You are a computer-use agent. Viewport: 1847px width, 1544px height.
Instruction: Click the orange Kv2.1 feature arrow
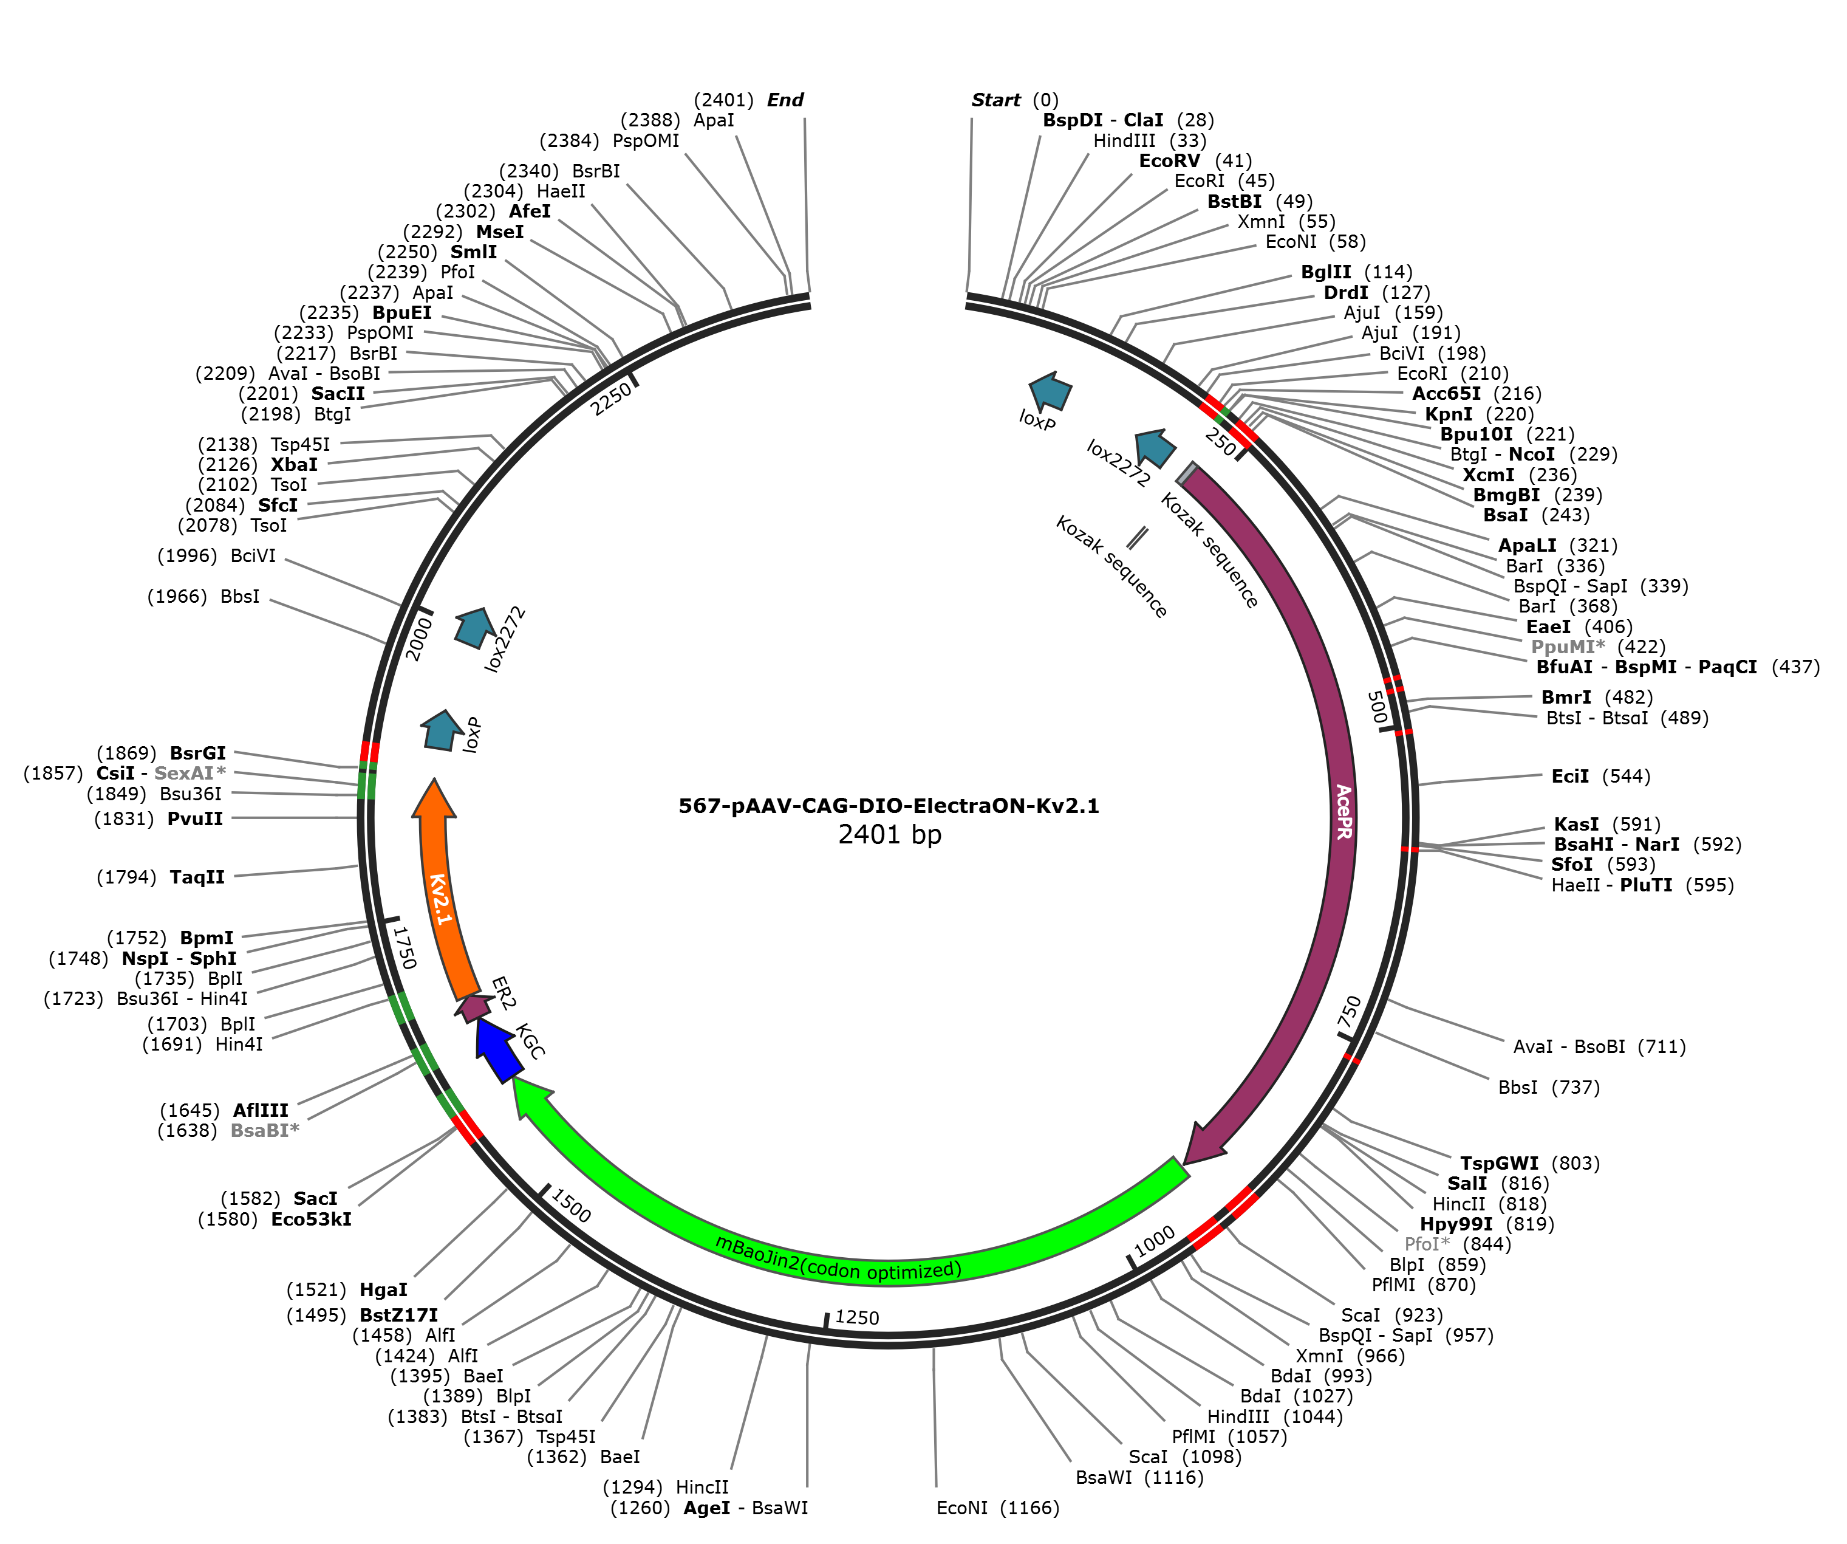pyautogui.click(x=435, y=888)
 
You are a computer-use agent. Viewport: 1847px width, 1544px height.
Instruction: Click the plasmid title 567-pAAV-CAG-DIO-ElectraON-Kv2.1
pyautogui.click(x=889, y=806)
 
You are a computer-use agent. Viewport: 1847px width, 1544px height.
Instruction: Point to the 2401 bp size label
pyautogui.click(x=889, y=834)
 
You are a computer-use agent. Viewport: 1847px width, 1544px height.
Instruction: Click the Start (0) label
pyautogui.click(x=1015, y=100)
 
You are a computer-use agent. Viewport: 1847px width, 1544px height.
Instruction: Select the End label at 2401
pyautogui.click(x=748, y=100)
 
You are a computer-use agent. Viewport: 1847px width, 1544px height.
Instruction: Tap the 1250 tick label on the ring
pyautogui.click(x=856, y=1317)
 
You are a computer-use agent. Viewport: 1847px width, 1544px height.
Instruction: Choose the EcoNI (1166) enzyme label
pyautogui.click(x=997, y=1508)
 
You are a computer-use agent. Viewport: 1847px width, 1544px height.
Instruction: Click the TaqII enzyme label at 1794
pyautogui.click(x=161, y=877)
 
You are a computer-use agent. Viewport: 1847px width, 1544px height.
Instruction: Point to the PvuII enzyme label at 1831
pyautogui.click(x=159, y=819)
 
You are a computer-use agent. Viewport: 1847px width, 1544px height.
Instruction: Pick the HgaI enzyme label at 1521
pyautogui.click(x=347, y=1290)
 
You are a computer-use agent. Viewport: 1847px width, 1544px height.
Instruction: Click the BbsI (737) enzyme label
pyautogui.click(x=1549, y=1088)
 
